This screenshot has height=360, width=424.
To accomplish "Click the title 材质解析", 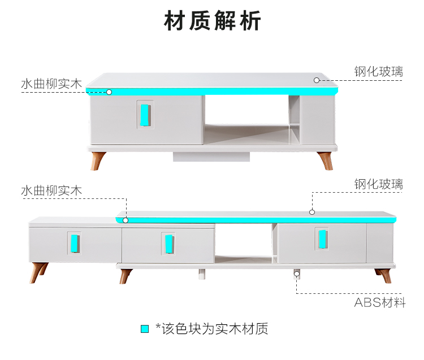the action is coord(212,20).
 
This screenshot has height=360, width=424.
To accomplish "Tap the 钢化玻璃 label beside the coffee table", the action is coord(379,72).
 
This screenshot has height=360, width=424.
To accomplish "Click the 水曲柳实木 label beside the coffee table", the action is coord(51,84).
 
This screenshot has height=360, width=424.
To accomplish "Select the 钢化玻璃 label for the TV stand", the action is coord(379,184).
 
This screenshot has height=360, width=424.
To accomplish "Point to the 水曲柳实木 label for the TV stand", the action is coord(51,190).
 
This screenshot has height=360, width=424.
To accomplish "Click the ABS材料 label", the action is coord(380,302).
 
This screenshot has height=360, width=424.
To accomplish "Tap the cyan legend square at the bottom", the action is coord(145,329).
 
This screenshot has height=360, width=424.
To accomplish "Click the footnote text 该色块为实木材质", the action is coord(215,329).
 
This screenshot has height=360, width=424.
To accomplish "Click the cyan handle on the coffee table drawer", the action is coord(145,115).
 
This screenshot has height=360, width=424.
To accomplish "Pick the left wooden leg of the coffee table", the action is coord(97,161).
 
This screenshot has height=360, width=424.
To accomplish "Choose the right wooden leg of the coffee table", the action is coord(325,161).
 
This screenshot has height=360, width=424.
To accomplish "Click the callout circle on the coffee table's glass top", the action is coord(317,80).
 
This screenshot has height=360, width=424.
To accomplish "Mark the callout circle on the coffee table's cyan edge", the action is coord(109,92).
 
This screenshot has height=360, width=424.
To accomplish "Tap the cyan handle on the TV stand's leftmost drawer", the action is coord(75,244).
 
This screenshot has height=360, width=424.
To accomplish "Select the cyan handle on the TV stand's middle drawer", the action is coord(169,244).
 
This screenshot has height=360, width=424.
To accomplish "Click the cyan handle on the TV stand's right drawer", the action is coord(322,239).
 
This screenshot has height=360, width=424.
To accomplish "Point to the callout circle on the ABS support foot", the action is coord(297,274).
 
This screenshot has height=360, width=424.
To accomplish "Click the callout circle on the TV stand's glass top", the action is coord(312,212).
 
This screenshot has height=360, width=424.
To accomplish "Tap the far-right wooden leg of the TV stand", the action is coord(383,276).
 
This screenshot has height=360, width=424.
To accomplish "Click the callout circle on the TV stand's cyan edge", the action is coord(126,220).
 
